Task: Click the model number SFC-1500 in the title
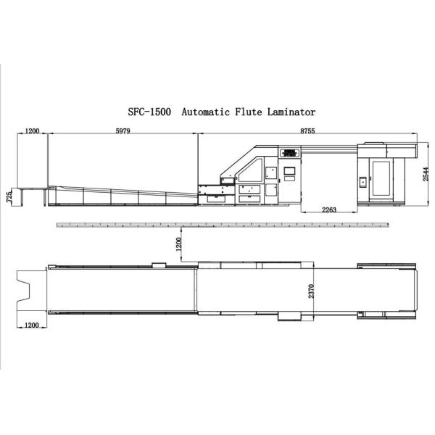pos(149,112)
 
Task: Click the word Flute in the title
pos(249,112)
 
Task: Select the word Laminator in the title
pos(291,112)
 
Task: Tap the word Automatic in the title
pos(206,112)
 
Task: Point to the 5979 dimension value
pos(123,130)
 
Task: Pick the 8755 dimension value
pos(307,130)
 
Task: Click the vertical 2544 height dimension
pos(426,174)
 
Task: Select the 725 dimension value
pos(9,196)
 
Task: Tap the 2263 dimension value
pos(329,210)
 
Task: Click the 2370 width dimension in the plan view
pos(311,291)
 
